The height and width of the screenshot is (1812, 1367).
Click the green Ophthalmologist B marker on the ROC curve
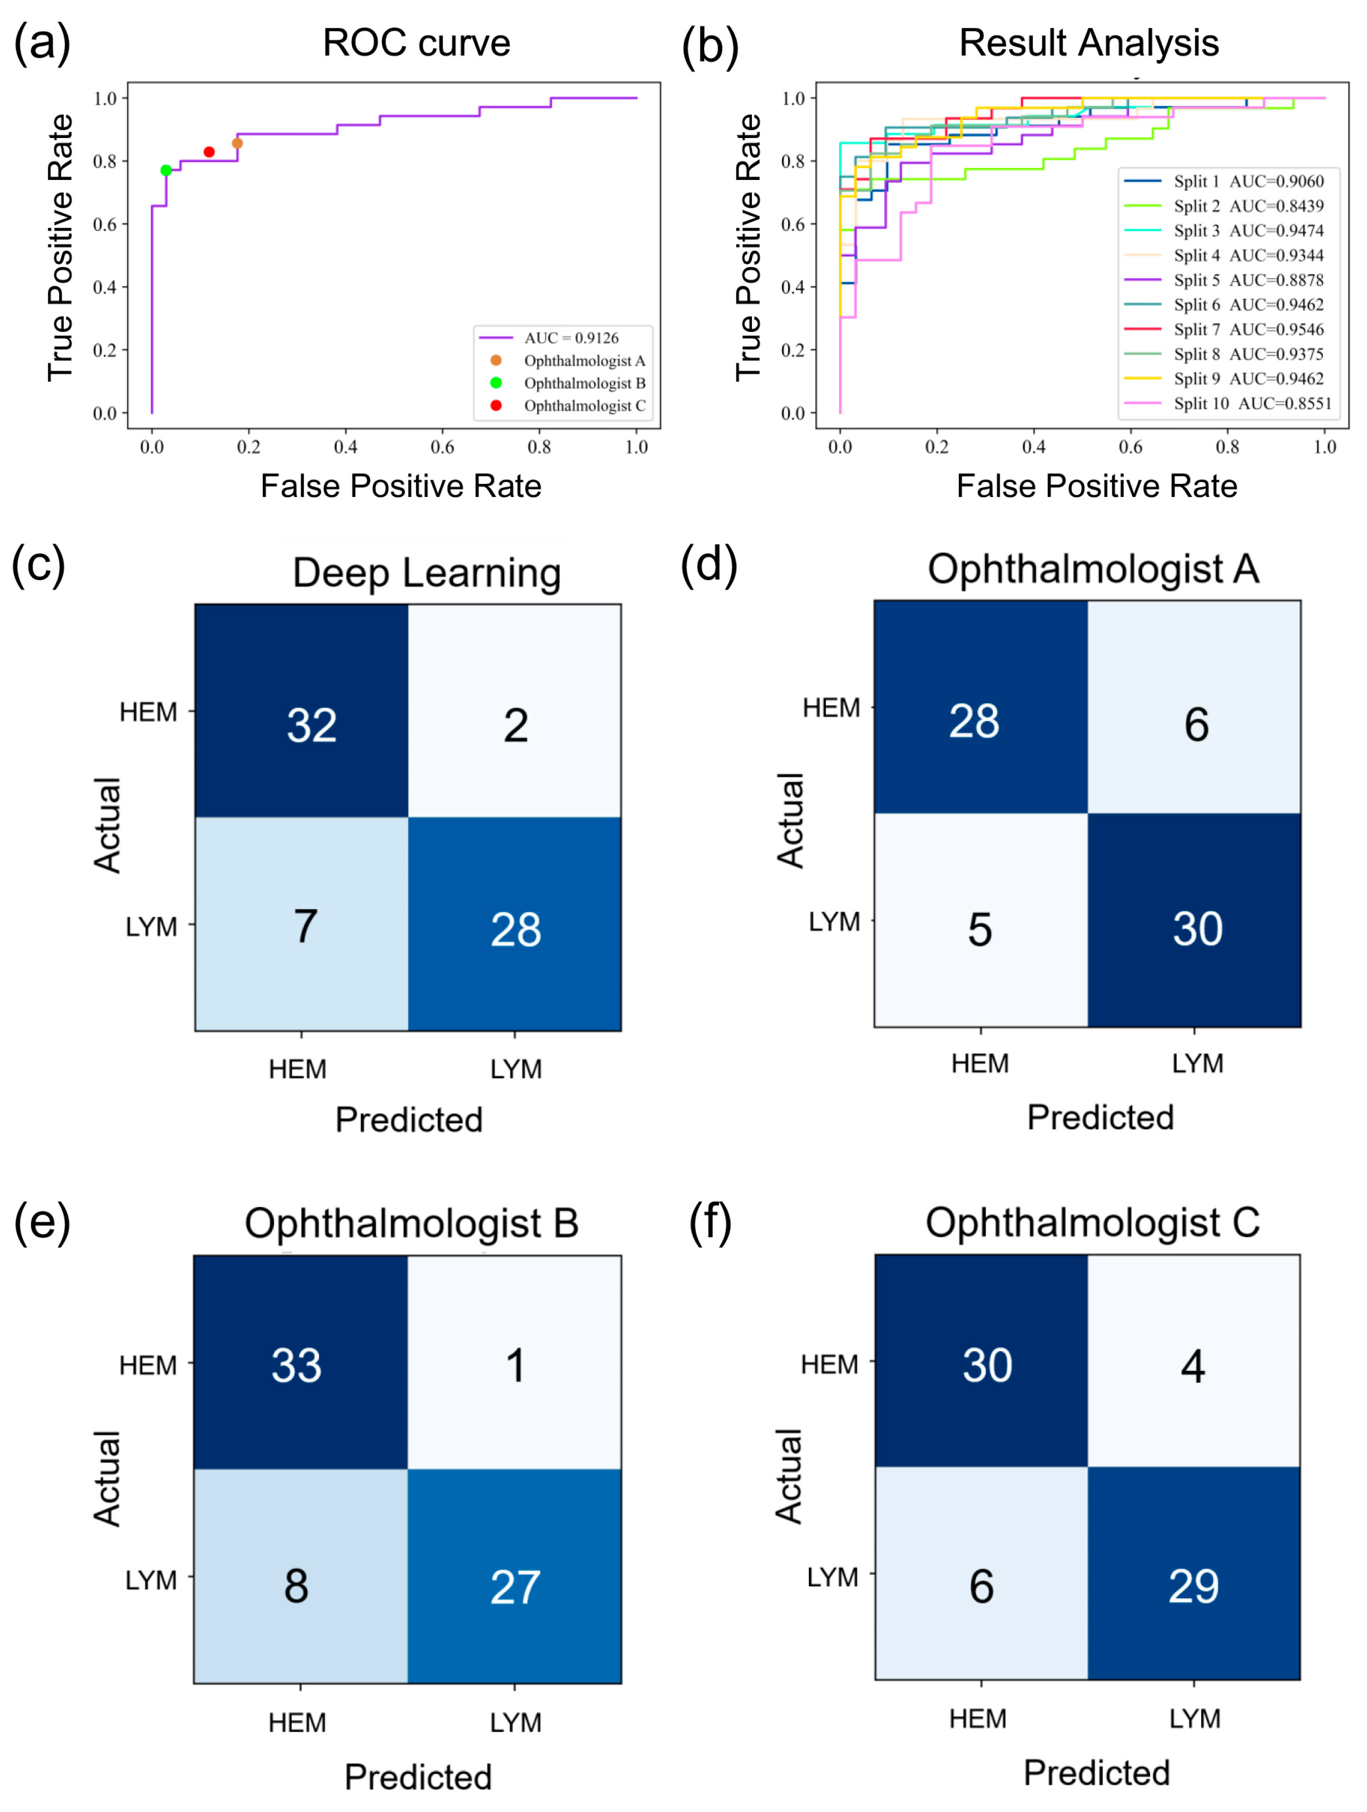[167, 170]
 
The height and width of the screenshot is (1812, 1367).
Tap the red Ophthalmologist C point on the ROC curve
[209, 153]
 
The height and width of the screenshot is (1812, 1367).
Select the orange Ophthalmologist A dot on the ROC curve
[237, 143]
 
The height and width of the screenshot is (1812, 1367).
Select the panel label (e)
[42, 1222]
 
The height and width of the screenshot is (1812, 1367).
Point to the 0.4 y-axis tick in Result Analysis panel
[792, 287]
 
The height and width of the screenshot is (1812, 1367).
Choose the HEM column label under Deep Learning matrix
[298, 1069]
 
